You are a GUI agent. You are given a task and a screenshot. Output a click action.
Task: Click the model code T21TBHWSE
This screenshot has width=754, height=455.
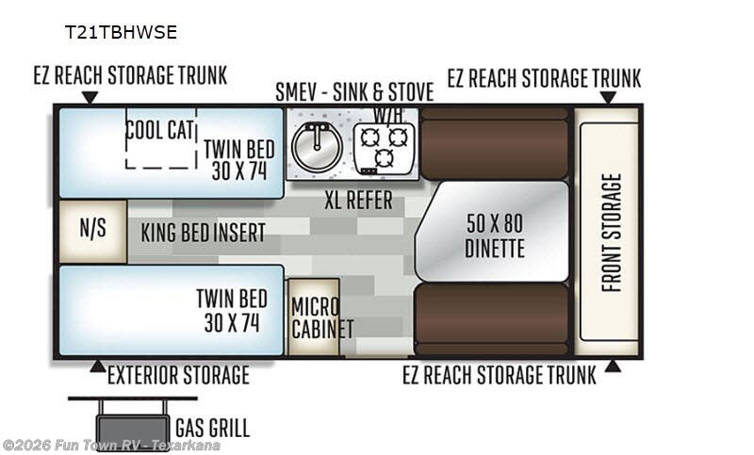[x=120, y=31]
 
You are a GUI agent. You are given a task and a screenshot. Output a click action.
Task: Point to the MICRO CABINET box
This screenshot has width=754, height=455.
[x=312, y=317]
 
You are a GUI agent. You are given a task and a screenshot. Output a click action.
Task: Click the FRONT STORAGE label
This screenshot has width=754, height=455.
[x=611, y=233]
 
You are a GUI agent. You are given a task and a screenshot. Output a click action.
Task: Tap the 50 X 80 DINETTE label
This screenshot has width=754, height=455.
[x=495, y=236]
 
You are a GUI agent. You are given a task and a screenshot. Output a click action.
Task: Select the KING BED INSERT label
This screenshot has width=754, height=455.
[x=204, y=232]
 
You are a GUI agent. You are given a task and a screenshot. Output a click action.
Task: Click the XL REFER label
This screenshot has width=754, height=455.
[x=358, y=201]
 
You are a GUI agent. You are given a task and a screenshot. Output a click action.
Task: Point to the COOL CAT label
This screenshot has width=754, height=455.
[x=160, y=130]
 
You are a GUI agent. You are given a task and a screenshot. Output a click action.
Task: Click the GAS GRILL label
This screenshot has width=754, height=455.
[x=212, y=428]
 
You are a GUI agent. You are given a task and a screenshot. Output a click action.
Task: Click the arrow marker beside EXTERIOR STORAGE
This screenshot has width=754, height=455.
[x=97, y=366]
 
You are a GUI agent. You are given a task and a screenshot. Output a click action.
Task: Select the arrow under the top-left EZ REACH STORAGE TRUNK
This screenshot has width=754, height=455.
[x=90, y=97]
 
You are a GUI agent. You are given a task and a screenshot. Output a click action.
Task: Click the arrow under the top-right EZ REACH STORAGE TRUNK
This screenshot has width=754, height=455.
[x=608, y=97]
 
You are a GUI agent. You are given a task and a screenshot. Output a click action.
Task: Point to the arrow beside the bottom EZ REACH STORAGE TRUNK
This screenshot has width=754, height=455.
[x=612, y=366]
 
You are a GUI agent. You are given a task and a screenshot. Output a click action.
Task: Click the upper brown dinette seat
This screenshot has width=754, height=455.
[x=494, y=143]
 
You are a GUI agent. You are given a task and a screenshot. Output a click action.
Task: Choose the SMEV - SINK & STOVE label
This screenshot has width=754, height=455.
[x=354, y=92]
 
